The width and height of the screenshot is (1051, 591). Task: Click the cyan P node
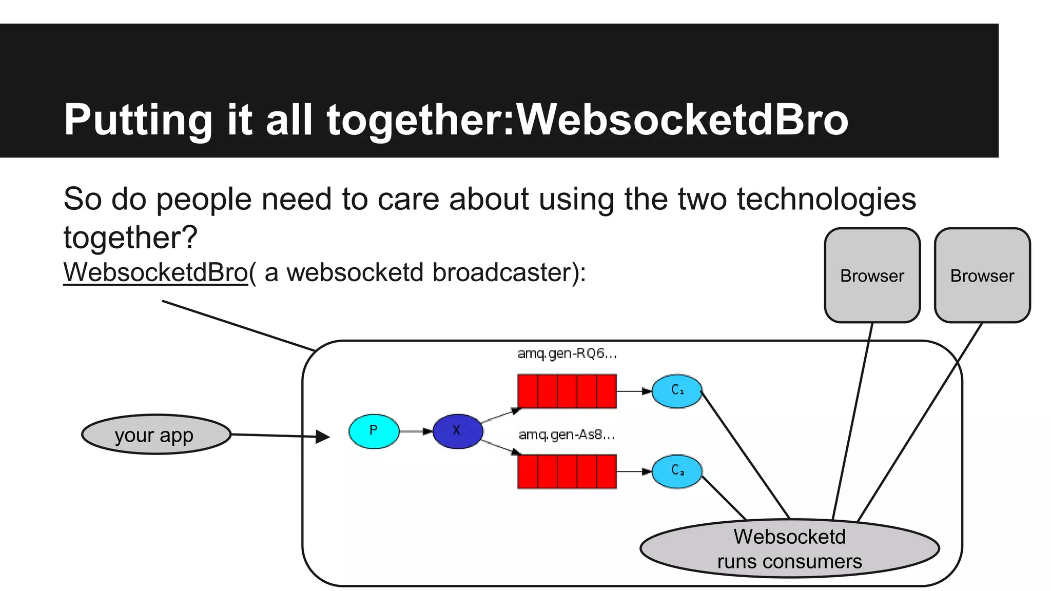[374, 431]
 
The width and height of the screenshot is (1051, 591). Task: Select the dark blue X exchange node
[457, 431]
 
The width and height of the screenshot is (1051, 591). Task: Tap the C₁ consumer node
[677, 391]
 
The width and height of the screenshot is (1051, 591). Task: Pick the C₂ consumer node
[677, 471]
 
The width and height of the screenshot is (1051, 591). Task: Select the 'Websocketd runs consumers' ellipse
[789, 548]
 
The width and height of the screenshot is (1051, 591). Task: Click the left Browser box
[872, 275]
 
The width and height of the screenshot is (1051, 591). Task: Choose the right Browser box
[982, 275]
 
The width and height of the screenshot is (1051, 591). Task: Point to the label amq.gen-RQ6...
[567, 353]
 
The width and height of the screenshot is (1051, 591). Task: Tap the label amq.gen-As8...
[566, 435]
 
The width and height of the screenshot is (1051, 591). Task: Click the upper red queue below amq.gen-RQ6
[567, 391]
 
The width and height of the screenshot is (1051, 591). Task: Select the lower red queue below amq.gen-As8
[567, 471]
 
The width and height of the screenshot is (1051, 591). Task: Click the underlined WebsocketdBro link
[155, 272]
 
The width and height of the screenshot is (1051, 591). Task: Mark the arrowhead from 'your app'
[323, 437]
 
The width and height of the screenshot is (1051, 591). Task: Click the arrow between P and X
[416, 431]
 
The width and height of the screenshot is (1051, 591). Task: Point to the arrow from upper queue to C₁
[634, 391]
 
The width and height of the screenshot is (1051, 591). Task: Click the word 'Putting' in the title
[138, 120]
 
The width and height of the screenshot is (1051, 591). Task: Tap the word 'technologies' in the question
[826, 199]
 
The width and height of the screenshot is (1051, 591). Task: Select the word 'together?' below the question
[130, 238]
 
